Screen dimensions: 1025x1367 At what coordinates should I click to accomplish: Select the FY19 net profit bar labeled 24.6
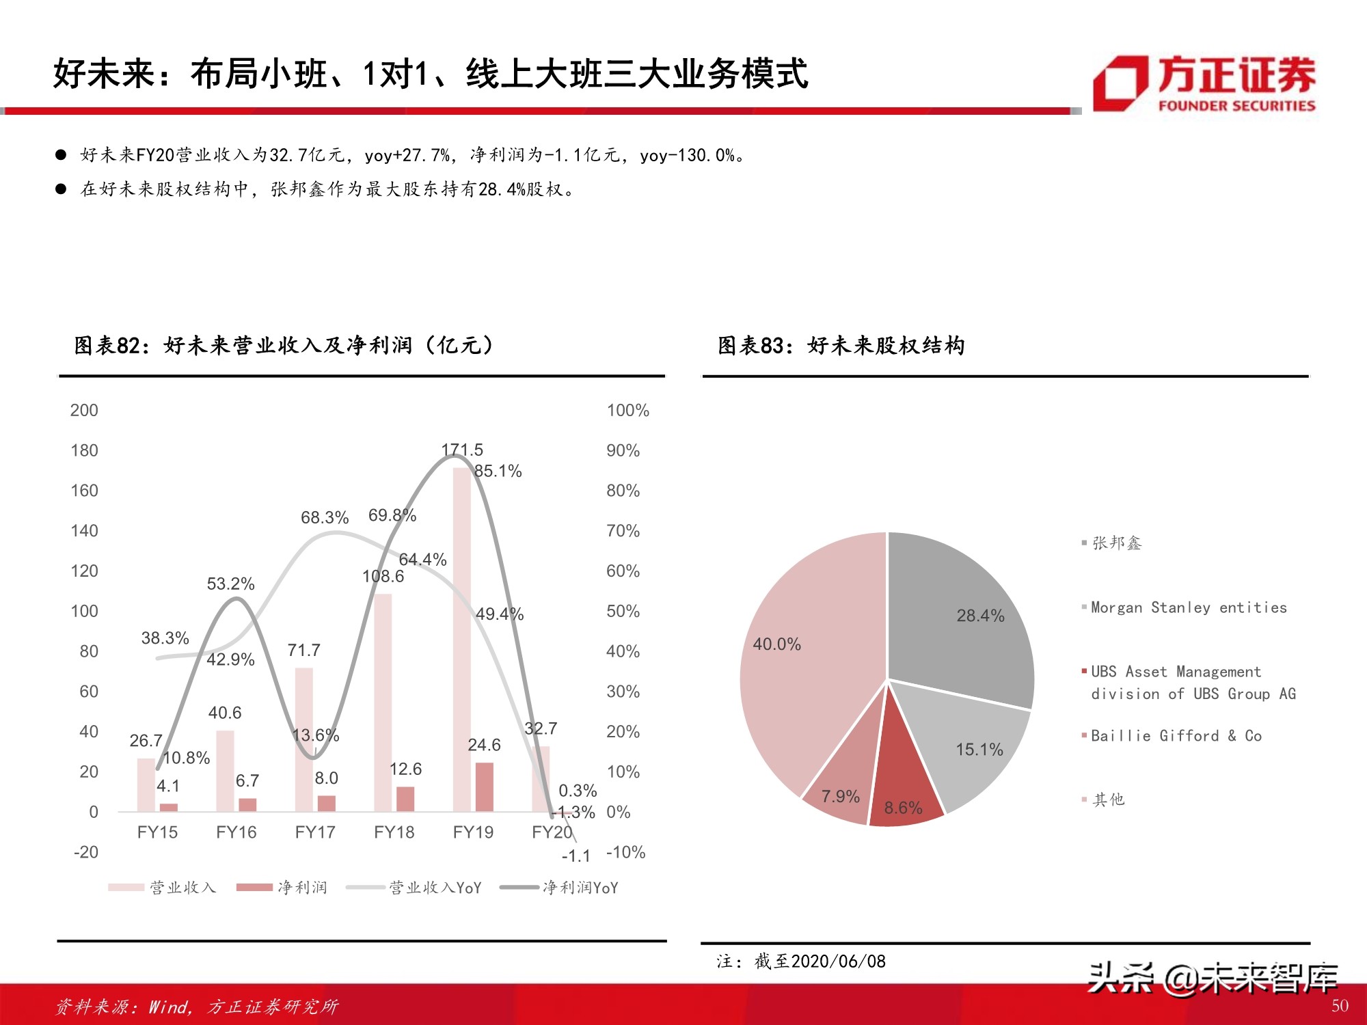[x=484, y=787]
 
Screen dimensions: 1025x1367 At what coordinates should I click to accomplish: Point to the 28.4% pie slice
[x=964, y=615]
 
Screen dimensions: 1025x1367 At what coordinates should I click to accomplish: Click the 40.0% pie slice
[x=800, y=670]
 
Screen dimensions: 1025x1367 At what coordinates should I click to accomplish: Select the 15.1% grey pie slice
[x=971, y=745]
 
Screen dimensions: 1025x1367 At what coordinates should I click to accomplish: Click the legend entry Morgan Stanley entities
[x=1188, y=607]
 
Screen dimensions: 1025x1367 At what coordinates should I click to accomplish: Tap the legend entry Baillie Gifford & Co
[x=1176, y=736]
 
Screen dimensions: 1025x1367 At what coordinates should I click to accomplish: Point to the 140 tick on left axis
[x=84, y=531]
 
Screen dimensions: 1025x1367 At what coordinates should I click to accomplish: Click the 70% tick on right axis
[x=623, y=531]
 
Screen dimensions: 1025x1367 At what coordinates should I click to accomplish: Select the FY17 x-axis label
[x=315, y=832]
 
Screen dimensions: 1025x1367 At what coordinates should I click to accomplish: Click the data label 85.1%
[x=498, y=471]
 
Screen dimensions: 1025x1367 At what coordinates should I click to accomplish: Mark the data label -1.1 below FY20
[x=576, y=856]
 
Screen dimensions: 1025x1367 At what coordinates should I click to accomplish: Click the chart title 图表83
[x=841, y=346]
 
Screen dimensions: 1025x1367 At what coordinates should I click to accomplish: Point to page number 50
[x=1340, y=1006]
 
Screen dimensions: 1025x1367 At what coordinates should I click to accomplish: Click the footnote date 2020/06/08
[x=838, y=961]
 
